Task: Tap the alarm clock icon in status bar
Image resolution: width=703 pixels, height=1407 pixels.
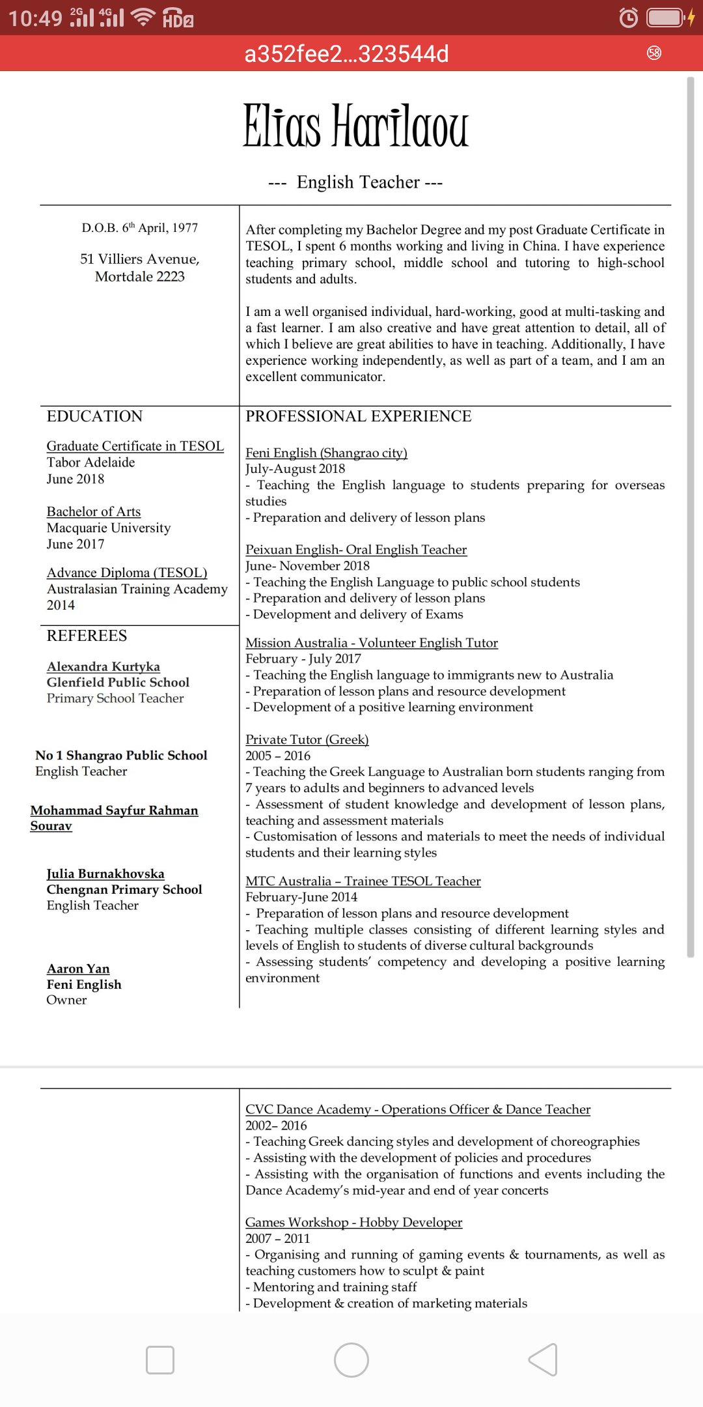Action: [x=628, y=18]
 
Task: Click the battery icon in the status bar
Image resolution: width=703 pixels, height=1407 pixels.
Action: [x=665, y=18]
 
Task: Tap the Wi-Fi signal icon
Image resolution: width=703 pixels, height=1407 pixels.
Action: [x=143, y=17]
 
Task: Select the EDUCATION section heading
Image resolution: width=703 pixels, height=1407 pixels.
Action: [x=94, y=417]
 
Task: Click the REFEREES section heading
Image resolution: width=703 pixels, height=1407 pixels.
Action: [x=87, y=636]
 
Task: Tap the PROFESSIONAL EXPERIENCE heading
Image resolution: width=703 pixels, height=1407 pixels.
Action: [x=358, y=417]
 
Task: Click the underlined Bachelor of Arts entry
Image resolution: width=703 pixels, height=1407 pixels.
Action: [x=94, y=512]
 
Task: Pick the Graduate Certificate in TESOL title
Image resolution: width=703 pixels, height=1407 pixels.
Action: [x=135, y=446]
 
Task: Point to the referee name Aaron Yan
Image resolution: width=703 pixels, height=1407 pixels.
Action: [x=78, y=969]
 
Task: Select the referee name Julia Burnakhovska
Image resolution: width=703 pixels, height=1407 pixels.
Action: [x=105, y=874]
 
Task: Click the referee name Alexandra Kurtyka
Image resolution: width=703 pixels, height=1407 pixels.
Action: [x=103, y=666]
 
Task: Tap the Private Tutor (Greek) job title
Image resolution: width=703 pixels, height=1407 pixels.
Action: [x=307, y=739]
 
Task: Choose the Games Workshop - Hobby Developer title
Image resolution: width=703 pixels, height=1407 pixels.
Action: [x=353, y=1223]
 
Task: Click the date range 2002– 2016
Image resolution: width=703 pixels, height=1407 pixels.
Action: [x=276, y=1126]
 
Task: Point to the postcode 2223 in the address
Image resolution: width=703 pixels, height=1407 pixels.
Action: [x=171, y=277]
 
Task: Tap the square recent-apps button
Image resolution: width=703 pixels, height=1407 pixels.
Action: [x=160, y=1360]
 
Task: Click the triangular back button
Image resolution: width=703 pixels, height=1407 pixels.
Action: [x=544, y=1360]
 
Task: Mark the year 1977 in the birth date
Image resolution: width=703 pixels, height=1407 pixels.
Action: [x=185, y=228]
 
